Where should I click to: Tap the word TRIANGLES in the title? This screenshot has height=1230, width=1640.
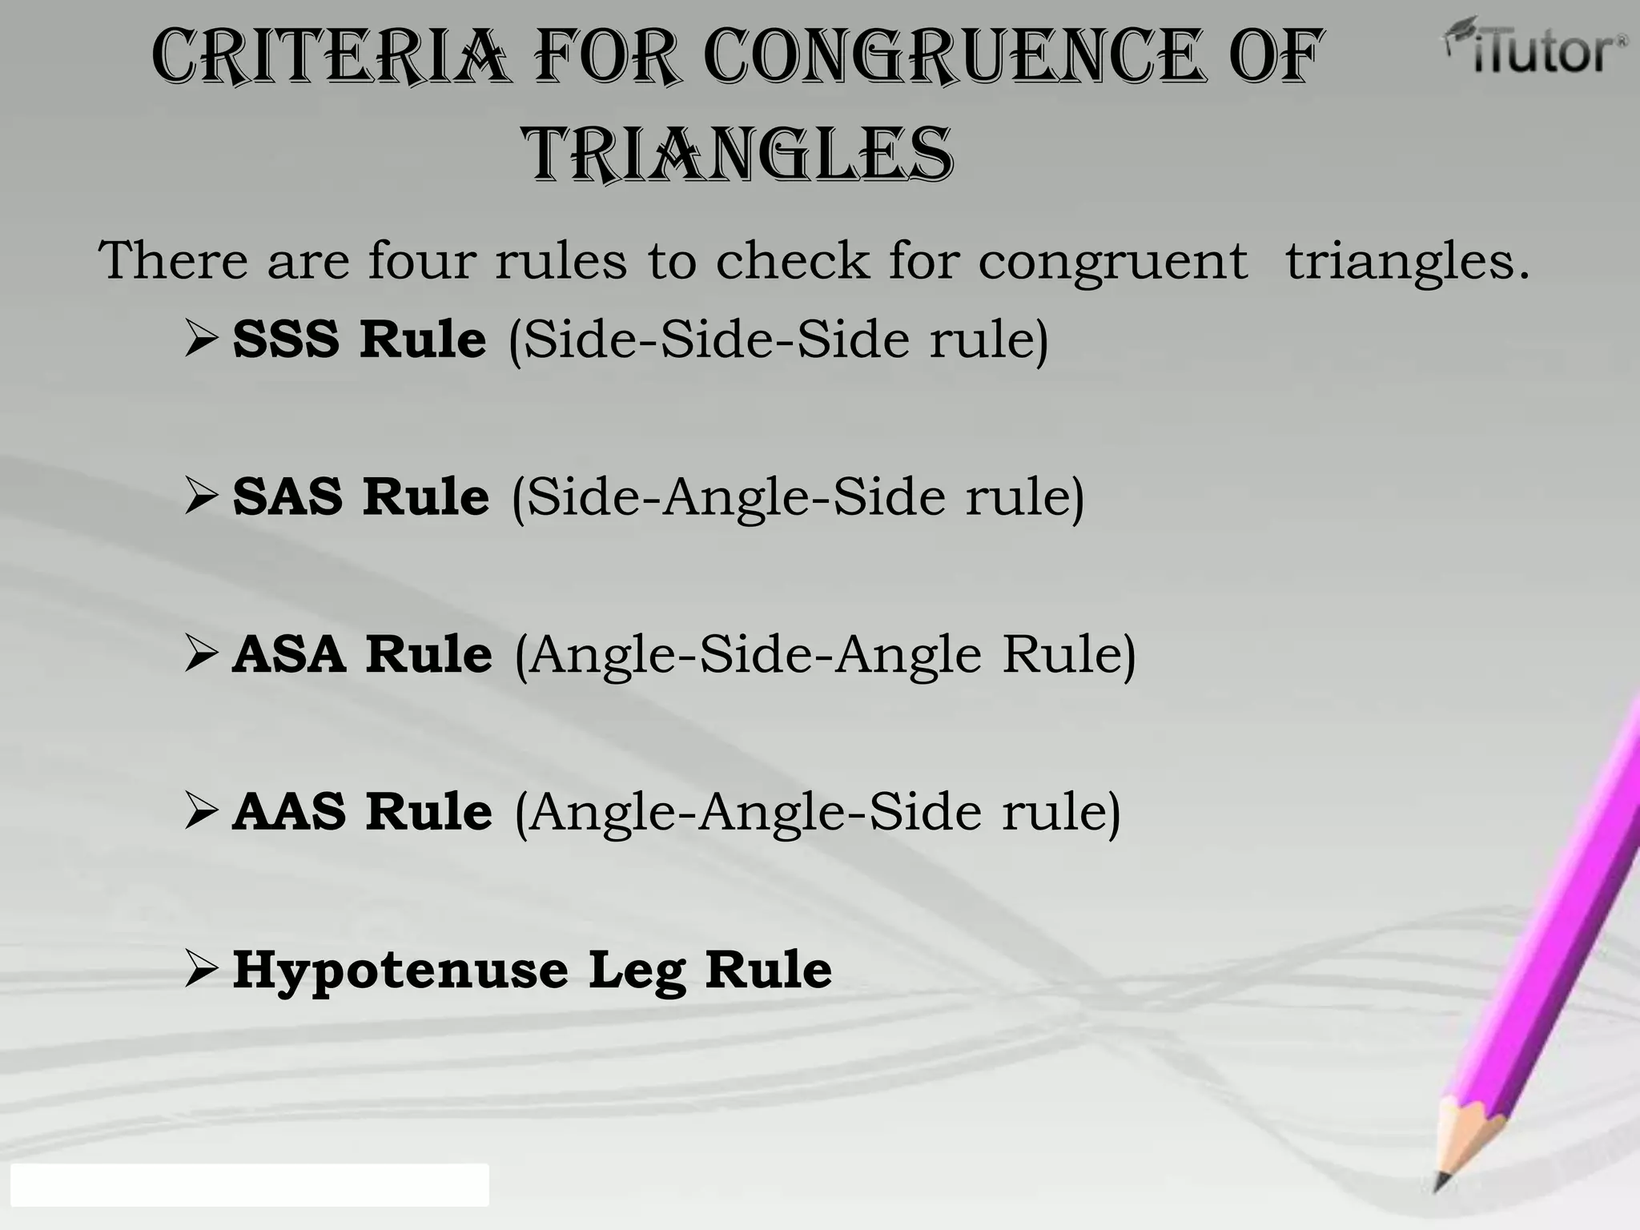pos(738,154)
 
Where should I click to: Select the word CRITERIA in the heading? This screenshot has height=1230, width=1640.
pos(330,56)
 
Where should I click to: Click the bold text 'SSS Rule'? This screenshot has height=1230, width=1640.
pos(359,340)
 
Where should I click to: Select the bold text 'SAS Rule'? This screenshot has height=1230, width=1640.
pos(360,496)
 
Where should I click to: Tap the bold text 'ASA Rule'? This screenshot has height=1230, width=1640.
pos(362,654)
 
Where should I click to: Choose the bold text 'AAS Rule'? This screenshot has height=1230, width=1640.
pos(362,812)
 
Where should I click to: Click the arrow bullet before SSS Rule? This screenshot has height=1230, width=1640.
pos(200,340)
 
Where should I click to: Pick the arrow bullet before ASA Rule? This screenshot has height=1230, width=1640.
pos(200,654)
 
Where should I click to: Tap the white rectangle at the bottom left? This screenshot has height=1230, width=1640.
pos(249,1185)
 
